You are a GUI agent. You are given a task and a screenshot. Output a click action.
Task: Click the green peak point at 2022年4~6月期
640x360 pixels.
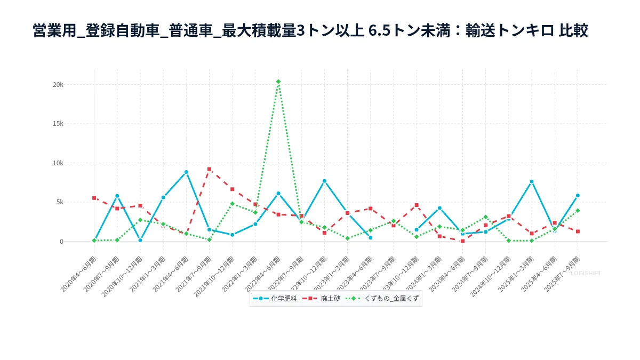click(278, 82)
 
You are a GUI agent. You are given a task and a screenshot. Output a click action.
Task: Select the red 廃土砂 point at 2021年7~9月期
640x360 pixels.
click(209, 169)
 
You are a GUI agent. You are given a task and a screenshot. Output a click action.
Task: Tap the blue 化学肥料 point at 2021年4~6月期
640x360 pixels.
click(186, 172)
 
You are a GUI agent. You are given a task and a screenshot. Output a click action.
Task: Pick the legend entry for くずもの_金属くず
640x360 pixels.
click(383, 299)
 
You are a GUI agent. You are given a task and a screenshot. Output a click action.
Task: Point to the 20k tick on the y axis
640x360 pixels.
click(58, 84)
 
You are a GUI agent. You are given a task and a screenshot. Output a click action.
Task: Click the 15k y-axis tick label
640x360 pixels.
click(58, 124)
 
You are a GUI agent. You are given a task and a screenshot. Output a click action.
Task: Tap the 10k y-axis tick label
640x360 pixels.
click(58, 163)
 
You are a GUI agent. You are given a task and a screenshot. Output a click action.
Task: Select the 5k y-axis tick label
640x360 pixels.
click(59, 202)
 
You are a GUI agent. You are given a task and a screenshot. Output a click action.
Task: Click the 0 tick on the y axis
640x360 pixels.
click(61, 242)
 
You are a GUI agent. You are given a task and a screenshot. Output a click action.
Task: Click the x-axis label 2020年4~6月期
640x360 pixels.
click(79, 273)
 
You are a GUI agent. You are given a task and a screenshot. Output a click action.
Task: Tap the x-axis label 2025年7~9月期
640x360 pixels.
click(562, 273)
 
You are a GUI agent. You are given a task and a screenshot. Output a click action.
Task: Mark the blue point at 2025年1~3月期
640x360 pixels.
click(532, 181)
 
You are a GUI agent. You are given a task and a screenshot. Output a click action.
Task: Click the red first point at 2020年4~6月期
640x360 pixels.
click(94, 198)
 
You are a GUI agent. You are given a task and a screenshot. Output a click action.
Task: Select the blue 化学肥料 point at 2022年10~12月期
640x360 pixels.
click(324, 181)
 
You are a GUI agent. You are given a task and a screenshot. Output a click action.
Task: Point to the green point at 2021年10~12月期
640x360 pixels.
click(232, 204)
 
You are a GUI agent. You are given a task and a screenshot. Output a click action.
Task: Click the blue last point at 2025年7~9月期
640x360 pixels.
click(578, 195)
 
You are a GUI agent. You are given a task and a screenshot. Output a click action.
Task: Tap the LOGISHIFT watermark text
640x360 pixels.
click(586, 273)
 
